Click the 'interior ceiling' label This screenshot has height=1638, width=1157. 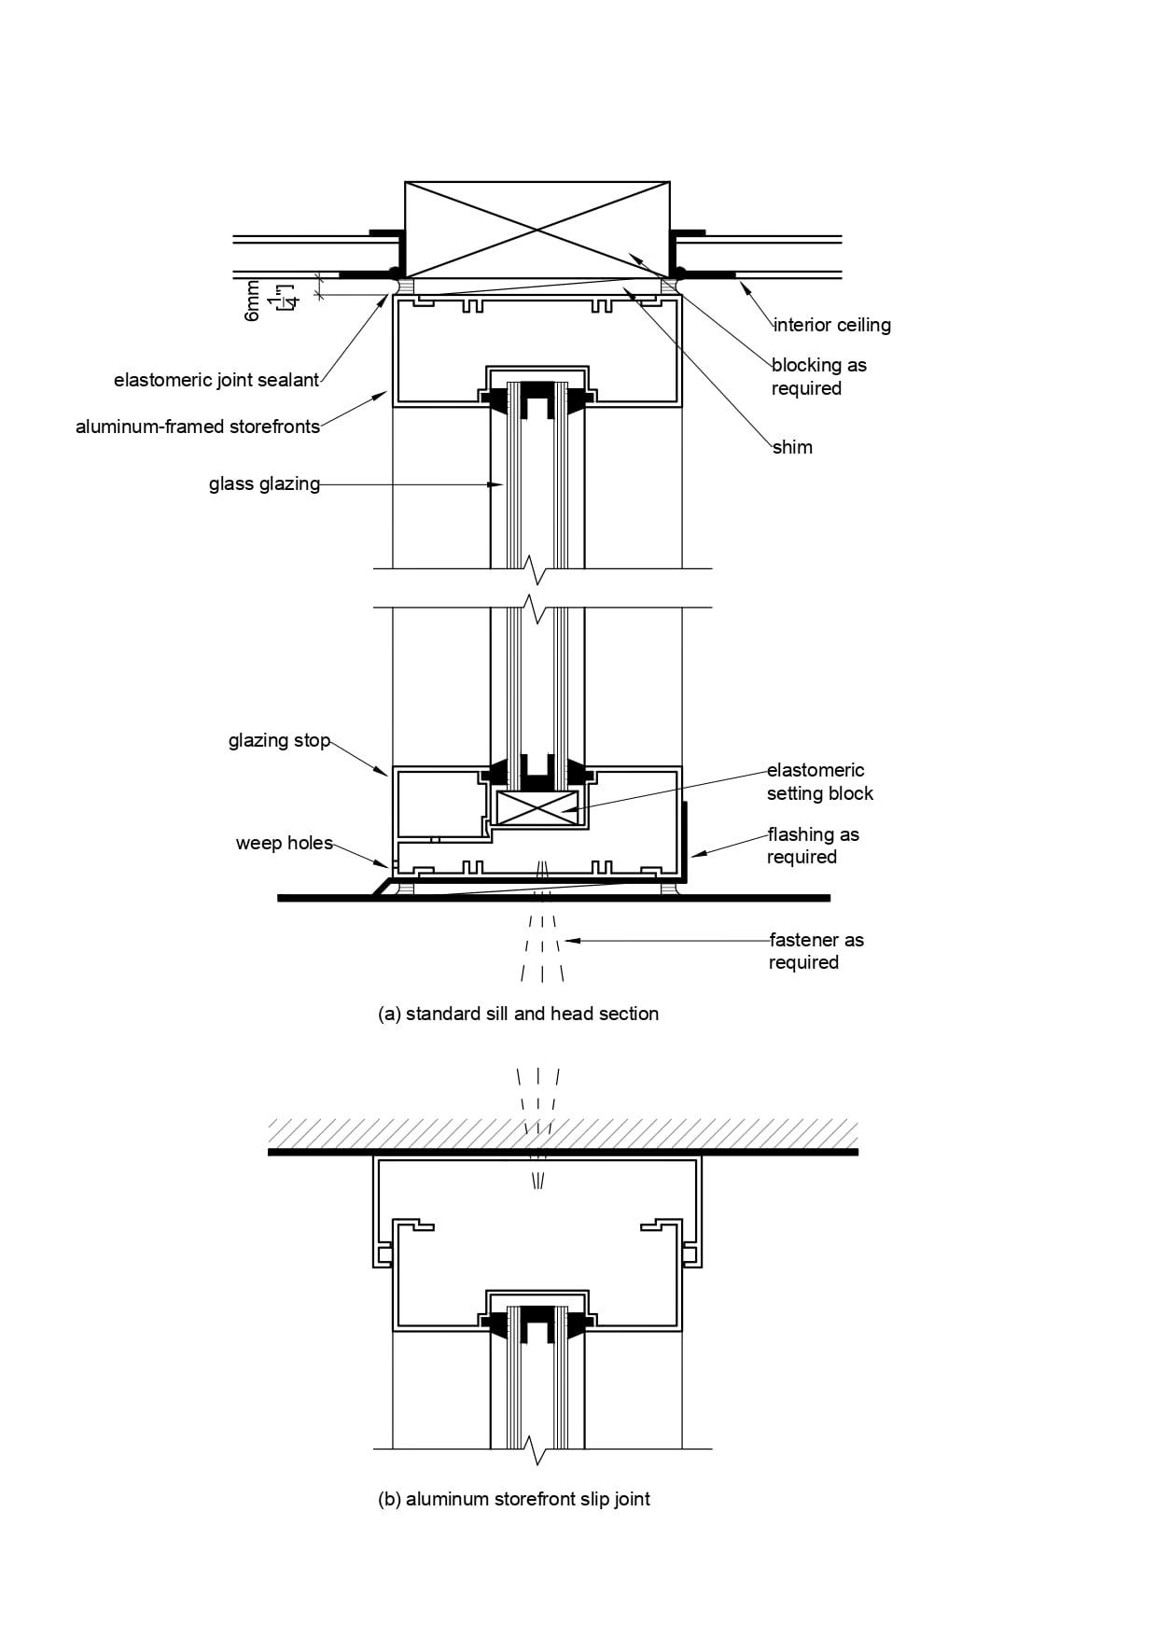tap(831, 325)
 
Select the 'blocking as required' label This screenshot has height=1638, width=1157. tap(819, 376)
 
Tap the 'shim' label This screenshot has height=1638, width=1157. tap(792, 447)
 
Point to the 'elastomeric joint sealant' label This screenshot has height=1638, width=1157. tap(216, 380)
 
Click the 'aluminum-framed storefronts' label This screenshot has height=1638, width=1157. tap(198, 427)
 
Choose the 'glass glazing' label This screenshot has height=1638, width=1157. tap(264, 483)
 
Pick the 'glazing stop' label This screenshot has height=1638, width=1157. tap(279, 740)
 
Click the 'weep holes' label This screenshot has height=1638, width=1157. tap(284, 843)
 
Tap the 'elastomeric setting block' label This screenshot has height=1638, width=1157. tap(820, 781)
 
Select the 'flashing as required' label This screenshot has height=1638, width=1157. tap(813, 846)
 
